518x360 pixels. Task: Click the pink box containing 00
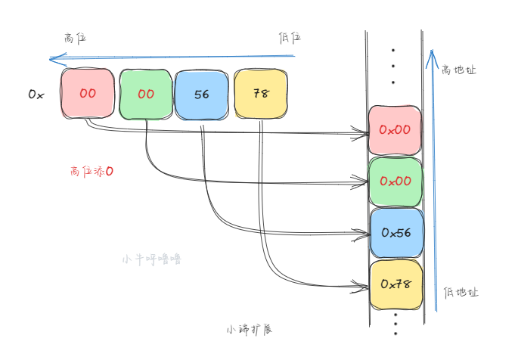88,94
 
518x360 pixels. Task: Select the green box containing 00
146,95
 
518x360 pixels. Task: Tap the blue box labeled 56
202,95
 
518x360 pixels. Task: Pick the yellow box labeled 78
261,95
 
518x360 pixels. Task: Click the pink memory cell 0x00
395,130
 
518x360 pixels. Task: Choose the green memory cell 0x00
395,182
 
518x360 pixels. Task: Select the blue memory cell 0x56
395,233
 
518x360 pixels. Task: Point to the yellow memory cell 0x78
395,284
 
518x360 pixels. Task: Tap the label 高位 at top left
76,37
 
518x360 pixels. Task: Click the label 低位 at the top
291,38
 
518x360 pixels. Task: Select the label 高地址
459,70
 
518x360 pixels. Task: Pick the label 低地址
461,292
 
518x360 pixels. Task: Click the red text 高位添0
92,172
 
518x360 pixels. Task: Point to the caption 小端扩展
249,330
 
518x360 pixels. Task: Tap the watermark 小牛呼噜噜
151,259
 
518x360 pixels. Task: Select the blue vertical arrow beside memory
432,182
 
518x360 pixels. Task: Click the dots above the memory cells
393,66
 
